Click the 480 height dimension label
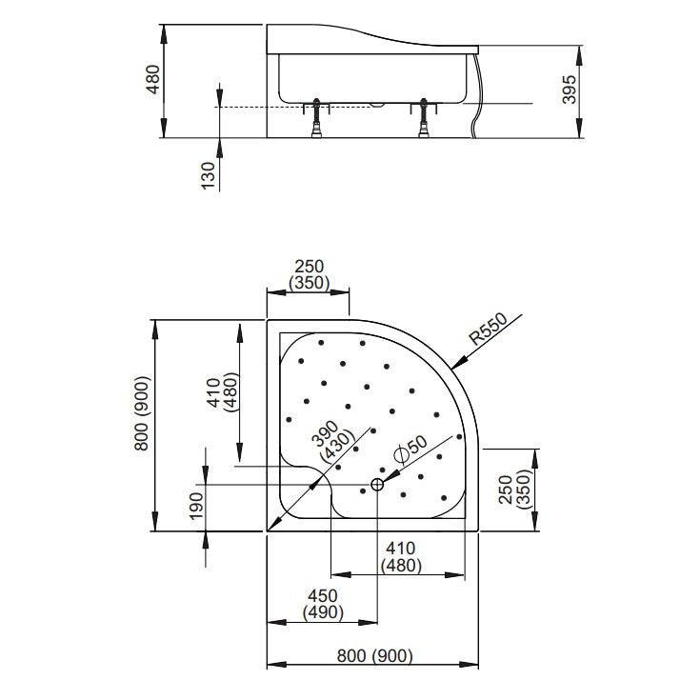pos(153,79)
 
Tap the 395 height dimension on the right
pos(570,90)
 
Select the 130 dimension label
pos(208,175)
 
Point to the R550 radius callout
pos(489,329)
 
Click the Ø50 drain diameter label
pos(410,450)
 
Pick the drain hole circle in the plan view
pos(377,484)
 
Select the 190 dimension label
pos(196,506)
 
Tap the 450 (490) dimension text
pos(323,604)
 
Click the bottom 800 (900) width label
pos(374,656)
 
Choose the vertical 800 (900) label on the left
pos(142,413)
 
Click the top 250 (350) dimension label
pos(309,274)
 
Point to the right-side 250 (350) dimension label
pos(514,490)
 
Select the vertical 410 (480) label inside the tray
pos(222,392)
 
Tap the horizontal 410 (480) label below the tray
pos(401,557)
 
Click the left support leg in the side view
pos(316,118)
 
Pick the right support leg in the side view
pos(423,118)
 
